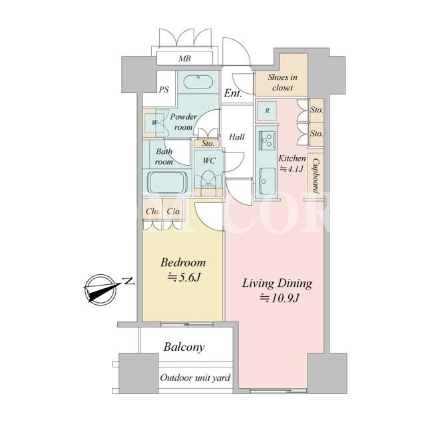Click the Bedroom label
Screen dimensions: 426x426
pos(183,263)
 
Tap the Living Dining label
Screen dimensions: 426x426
pos(277,284)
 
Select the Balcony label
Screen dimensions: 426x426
pos(184,347)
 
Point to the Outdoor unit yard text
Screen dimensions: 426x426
pos(195,377)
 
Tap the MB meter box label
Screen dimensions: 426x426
pos(185,59)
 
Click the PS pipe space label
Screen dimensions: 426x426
pos(164,89)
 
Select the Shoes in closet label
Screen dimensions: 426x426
pos(282,83)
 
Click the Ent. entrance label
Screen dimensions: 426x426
pos(233,93)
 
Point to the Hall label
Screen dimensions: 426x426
pos(237,136)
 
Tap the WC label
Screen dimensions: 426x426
pos(209,160)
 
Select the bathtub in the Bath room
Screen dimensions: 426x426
pos(167,182)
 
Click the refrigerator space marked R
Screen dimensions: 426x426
pos(267,111)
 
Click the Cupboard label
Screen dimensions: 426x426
pos(316,176)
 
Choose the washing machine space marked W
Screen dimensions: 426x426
pos(154,122)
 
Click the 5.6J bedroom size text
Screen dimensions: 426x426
pos(184,278)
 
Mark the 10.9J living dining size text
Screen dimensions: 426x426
pos(280,298)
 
